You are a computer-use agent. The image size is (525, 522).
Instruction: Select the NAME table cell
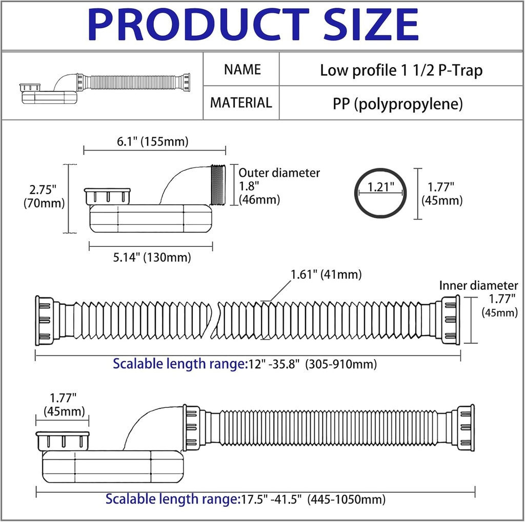pos(242,69)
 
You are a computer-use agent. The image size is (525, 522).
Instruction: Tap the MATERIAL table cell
pos(241,102)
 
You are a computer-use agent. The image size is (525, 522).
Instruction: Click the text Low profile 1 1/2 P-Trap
pos(401,70)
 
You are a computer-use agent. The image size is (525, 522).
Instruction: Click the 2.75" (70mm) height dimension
pos(44,196)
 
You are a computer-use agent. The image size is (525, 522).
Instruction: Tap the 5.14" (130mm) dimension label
pos(152,257)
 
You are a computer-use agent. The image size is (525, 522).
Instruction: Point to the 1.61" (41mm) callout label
pos(326,275)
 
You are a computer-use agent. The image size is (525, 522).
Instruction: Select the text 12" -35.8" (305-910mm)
pos(313,364)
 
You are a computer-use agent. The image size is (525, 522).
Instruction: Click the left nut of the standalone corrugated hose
pos(44,320)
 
